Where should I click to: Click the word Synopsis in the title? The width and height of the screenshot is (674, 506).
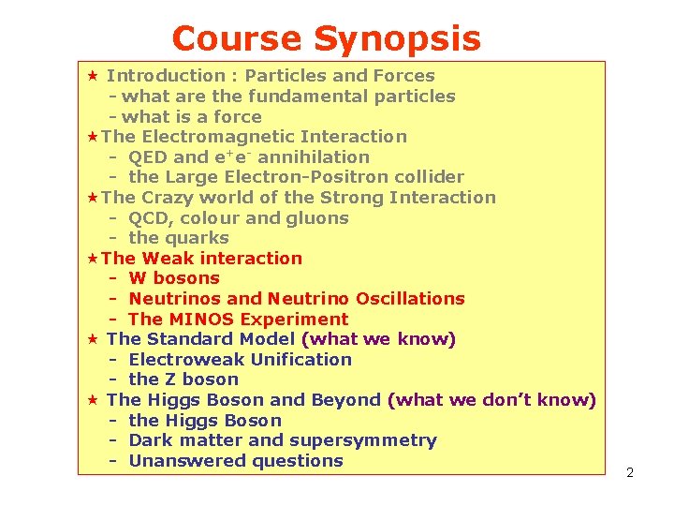click(x=397, y=39)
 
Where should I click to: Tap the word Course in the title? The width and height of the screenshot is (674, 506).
click(x=238, y=39)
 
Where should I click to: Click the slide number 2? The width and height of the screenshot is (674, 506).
click(x=630, y=472)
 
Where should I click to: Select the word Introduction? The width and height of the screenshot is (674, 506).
click(x=166, y=76)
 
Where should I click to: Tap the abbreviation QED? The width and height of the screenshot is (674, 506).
click(x=148, y=157)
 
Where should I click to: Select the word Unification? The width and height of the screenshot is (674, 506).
click(x=297, y=360)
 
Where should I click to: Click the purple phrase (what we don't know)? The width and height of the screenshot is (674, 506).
click(x=491, y=400)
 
